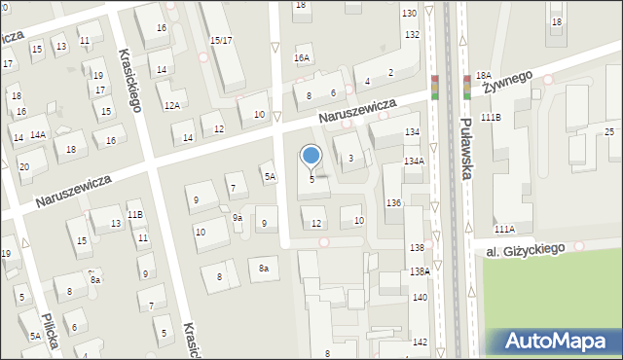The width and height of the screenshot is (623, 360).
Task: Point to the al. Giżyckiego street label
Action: point(527,249)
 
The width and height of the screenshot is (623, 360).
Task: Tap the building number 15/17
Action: point(221,40)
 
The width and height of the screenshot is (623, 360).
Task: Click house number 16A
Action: point(302,58)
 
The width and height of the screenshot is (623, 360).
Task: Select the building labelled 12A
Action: point(171,105)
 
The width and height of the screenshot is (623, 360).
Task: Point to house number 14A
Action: point(38,134)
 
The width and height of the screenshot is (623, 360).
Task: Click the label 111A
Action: point(504,230)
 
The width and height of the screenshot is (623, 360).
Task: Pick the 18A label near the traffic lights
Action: point(484,75)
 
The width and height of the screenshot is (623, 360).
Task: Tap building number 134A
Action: point(415,162)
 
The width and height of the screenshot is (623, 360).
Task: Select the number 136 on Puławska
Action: point(393,202)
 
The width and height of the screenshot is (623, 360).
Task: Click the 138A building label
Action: point(420,272)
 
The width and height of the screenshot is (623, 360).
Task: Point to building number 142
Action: point(420,342)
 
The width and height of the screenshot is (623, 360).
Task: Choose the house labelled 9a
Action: point(237,218)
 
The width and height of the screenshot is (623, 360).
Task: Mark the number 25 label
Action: point(610,131)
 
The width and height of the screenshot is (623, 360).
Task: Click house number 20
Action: point(23,166)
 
